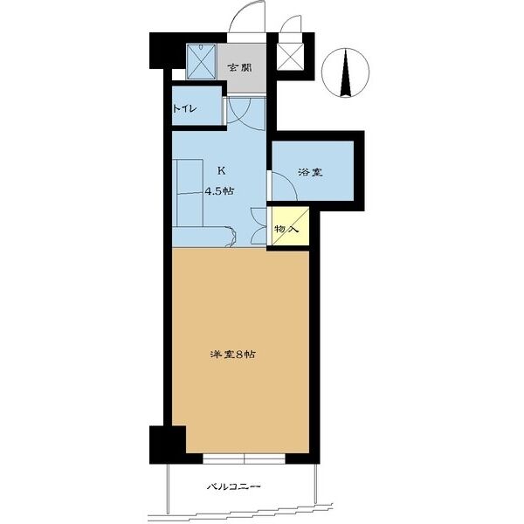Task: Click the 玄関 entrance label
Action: [239, 68]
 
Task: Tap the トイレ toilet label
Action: [184, 108]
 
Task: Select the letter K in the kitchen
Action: [221, 171]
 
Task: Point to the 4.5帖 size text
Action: [219, 191]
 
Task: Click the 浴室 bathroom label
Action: [310, 172]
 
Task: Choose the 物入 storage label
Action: [286, 229]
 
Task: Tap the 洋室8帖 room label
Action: [233, 355]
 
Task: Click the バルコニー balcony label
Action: [233, 486]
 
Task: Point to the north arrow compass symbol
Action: [345, 72]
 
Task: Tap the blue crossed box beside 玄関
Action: [201, 62]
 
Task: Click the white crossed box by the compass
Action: [291, 57]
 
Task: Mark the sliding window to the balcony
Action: [244, 458]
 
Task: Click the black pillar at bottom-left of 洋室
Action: [168, 445]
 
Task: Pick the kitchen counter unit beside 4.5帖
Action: [190, 193]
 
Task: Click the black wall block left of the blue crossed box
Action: [167, 51]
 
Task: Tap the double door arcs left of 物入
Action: [259, 226]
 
